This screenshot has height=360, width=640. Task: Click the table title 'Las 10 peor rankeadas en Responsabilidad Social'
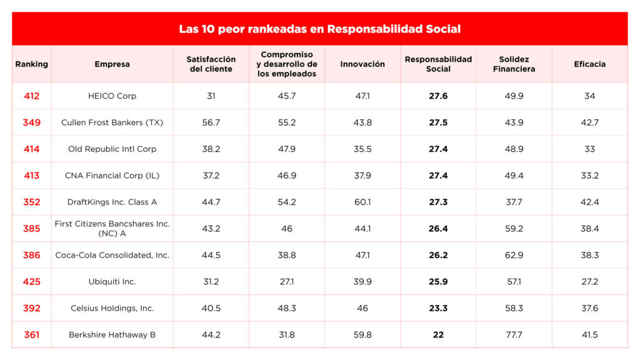319,29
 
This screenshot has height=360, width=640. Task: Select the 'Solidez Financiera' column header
514,64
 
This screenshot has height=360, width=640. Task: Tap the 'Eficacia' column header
589,64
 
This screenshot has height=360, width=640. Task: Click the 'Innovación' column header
362,64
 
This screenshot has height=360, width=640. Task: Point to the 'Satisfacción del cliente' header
211,64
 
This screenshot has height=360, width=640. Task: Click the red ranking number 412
31,96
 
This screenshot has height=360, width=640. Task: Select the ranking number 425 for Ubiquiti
31,282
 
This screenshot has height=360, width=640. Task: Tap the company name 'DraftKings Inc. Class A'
112,202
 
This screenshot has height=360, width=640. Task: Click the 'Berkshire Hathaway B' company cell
112,335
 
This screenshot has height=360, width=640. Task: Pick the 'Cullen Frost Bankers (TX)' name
112,122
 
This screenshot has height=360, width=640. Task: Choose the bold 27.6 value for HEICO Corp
438,96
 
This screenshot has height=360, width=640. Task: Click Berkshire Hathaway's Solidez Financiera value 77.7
514,335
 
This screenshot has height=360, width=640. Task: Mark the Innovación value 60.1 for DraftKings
362,202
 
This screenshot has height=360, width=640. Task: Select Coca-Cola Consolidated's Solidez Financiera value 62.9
514,255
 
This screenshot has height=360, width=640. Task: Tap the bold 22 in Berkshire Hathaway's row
438,335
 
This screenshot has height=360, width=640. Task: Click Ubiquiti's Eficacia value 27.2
589,282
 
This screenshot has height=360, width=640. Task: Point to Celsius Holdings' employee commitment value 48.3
287,308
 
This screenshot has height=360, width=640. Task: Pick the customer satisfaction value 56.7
211,122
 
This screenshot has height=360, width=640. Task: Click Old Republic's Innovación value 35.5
362,149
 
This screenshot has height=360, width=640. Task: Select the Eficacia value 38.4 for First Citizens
589,229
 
